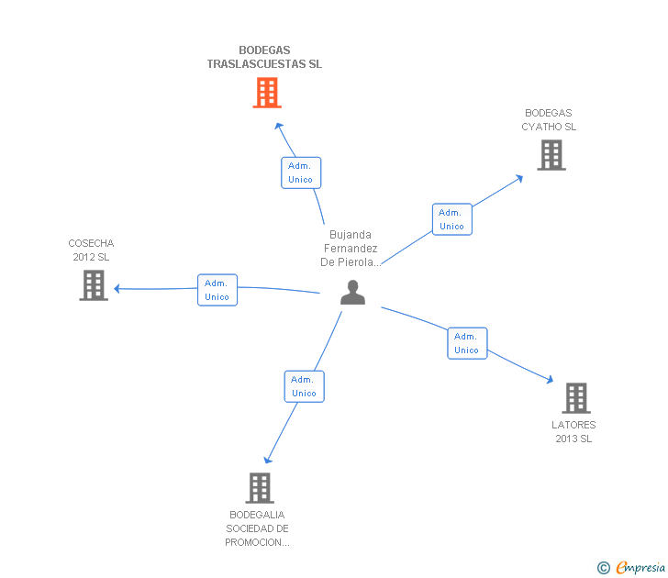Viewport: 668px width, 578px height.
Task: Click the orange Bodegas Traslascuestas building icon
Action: (266, 93)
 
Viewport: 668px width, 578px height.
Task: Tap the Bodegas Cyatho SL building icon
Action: (551, 155)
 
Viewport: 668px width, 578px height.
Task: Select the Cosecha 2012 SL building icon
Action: (94, 285)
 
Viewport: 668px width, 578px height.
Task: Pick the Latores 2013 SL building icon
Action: (575, 398)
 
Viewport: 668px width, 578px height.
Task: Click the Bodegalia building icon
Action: (260, 488)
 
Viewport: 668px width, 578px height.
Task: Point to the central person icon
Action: (352, 293)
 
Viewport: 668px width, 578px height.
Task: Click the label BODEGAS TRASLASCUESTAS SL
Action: (264, 58)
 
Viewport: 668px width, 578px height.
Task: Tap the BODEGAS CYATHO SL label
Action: (549, 120)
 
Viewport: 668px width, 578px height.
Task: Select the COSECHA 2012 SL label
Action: (91, 250)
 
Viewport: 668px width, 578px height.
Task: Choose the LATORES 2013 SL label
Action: (573, 432)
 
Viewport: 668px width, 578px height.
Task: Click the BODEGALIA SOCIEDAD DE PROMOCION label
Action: (258, 528)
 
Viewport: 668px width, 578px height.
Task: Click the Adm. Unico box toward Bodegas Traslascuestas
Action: (301, 172)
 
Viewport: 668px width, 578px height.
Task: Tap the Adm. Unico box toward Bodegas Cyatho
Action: (451, 219)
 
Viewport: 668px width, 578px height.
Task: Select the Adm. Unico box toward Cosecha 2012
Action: (217, 290)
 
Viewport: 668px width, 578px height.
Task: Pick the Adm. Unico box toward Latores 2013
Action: (467, 343)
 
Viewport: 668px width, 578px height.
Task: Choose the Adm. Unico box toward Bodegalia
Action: (304, 386)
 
